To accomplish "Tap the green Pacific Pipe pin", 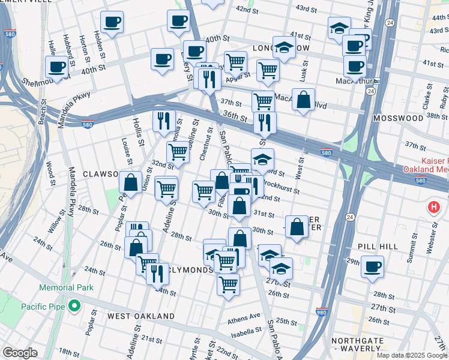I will coord(74,307).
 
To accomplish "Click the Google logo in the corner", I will coord(20,353).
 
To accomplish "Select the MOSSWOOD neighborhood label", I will coord(398,119).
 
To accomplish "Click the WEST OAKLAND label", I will coord(141,316).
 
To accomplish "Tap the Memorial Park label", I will coord(67,287).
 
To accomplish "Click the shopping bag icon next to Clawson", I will coord(130,181).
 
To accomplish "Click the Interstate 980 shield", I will coord(322,312).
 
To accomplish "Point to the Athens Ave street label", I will coord(244,316).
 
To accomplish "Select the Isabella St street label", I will coord(245,330).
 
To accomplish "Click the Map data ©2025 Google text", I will coord(411,355).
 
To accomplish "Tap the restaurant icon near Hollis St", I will coord(164,120).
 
